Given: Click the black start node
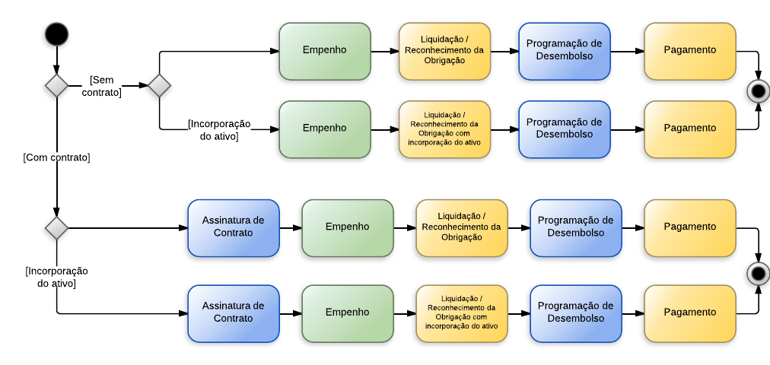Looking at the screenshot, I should pos(56,34).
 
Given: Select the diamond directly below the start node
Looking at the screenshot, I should pos(56,85).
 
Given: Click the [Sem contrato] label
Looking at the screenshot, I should pos(101,86).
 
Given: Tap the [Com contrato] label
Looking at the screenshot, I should pos(56,157).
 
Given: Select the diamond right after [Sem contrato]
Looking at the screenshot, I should pos(159,85).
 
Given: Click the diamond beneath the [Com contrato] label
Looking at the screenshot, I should pos(56,227).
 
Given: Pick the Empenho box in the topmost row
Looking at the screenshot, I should pos(324,51).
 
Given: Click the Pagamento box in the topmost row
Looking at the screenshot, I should pos(689,51).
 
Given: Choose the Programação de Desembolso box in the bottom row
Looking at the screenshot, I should pos(575,313).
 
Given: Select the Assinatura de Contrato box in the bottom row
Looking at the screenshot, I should pos(233,313).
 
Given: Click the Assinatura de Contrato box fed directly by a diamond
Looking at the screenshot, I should pos(233,227).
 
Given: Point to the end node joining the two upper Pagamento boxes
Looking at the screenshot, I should pos(758,91).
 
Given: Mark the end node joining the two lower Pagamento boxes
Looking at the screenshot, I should pos(758,273).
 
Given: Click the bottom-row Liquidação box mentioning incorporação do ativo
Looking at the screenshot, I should pos(461,313).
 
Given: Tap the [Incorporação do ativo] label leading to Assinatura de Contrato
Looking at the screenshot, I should pos(56,277).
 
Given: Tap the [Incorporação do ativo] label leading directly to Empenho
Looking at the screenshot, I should pos(219,130).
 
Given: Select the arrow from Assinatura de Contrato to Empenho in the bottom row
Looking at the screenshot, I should pos(290,313).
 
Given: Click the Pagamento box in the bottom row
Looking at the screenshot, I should pos(689,313).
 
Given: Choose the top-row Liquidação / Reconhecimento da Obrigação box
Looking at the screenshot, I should pos(444,51).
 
